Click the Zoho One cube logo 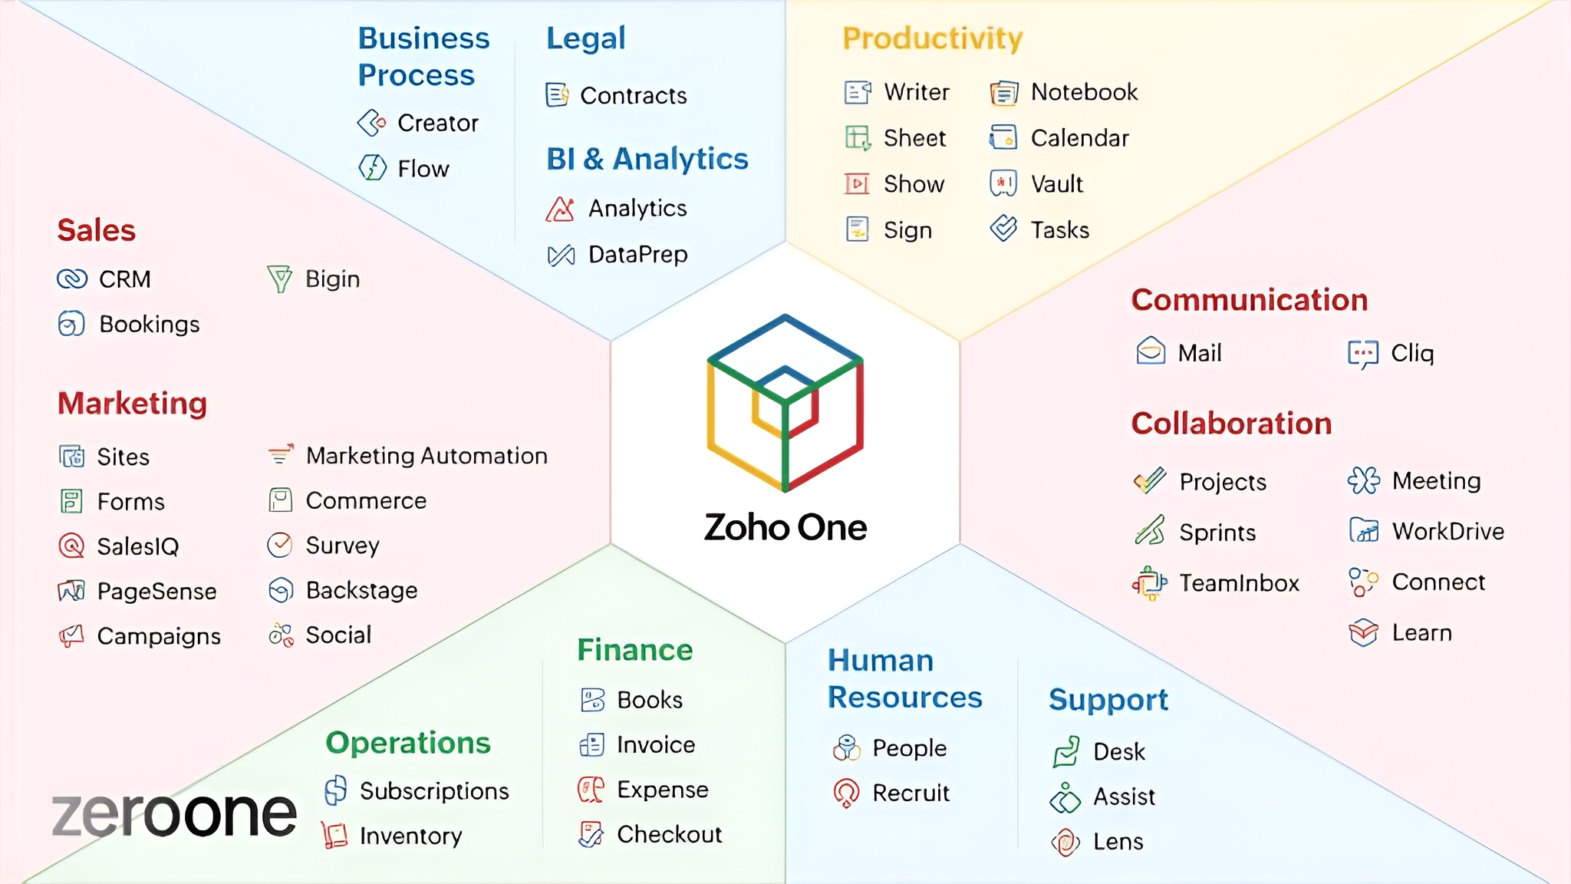pos(785,403)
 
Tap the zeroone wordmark pos(174,814)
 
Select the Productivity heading pos(932,38)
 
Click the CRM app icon pos(72,279)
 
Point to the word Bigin pos(332,279)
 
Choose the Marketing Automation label pos(427,456)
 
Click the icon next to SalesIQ pos(71,546)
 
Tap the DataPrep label pos(637,254)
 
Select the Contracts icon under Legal pos(558,95)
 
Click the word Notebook pos(1084,92)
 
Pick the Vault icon pos(1003,183)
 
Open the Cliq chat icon pos(1363,353)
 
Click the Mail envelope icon pos(1151,351)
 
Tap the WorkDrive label pos(1447,531)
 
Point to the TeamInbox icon pos(1149,583)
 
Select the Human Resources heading pos(904,679)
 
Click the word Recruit pos(911,793)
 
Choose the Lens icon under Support pos(1065,842)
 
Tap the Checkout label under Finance pos(669,834)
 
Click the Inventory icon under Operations pos(334,835)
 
